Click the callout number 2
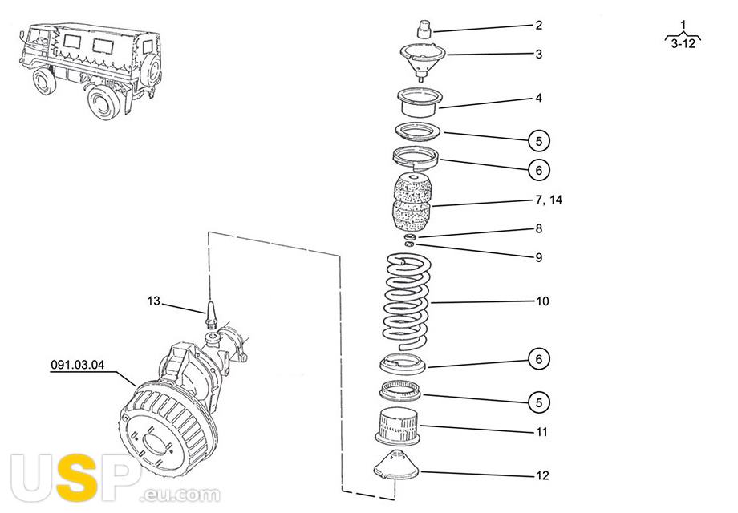539,25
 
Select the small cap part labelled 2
423,30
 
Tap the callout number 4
539,99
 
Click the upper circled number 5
540,141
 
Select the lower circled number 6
540,359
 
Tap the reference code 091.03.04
78,366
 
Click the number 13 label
154,301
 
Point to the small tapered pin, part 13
213,313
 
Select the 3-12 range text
684,45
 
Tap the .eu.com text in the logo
179,494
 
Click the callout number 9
539,258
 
